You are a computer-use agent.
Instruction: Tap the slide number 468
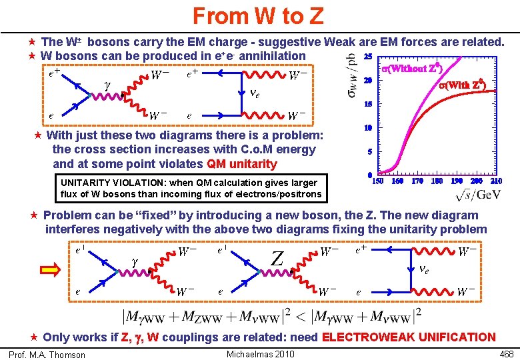tap(506, 353)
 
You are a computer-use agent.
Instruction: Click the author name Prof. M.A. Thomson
tap(47, 355)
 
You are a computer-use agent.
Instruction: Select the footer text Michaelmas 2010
tap(261, 353)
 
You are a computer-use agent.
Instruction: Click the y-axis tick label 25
tap(368, 57)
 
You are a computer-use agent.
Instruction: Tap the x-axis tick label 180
tap(437, 181)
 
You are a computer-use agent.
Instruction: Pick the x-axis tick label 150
tap(377, 181)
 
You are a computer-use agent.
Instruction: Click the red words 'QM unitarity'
tap(242, 164)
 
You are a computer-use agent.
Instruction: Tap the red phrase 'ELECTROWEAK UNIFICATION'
tap(409, 337)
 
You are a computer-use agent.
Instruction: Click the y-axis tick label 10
tap(368, 128)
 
